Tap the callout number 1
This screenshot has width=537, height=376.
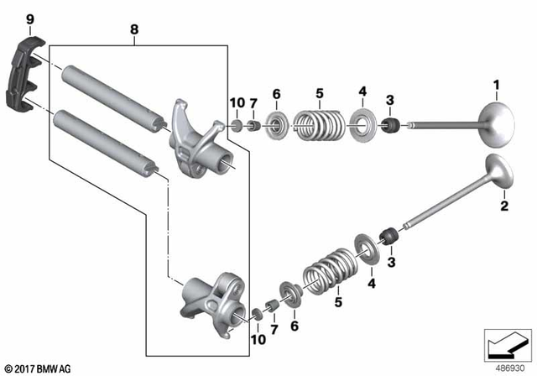pos(496,85)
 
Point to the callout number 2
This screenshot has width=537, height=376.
pos(504,206)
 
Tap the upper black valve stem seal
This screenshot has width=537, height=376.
pos(389,127)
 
